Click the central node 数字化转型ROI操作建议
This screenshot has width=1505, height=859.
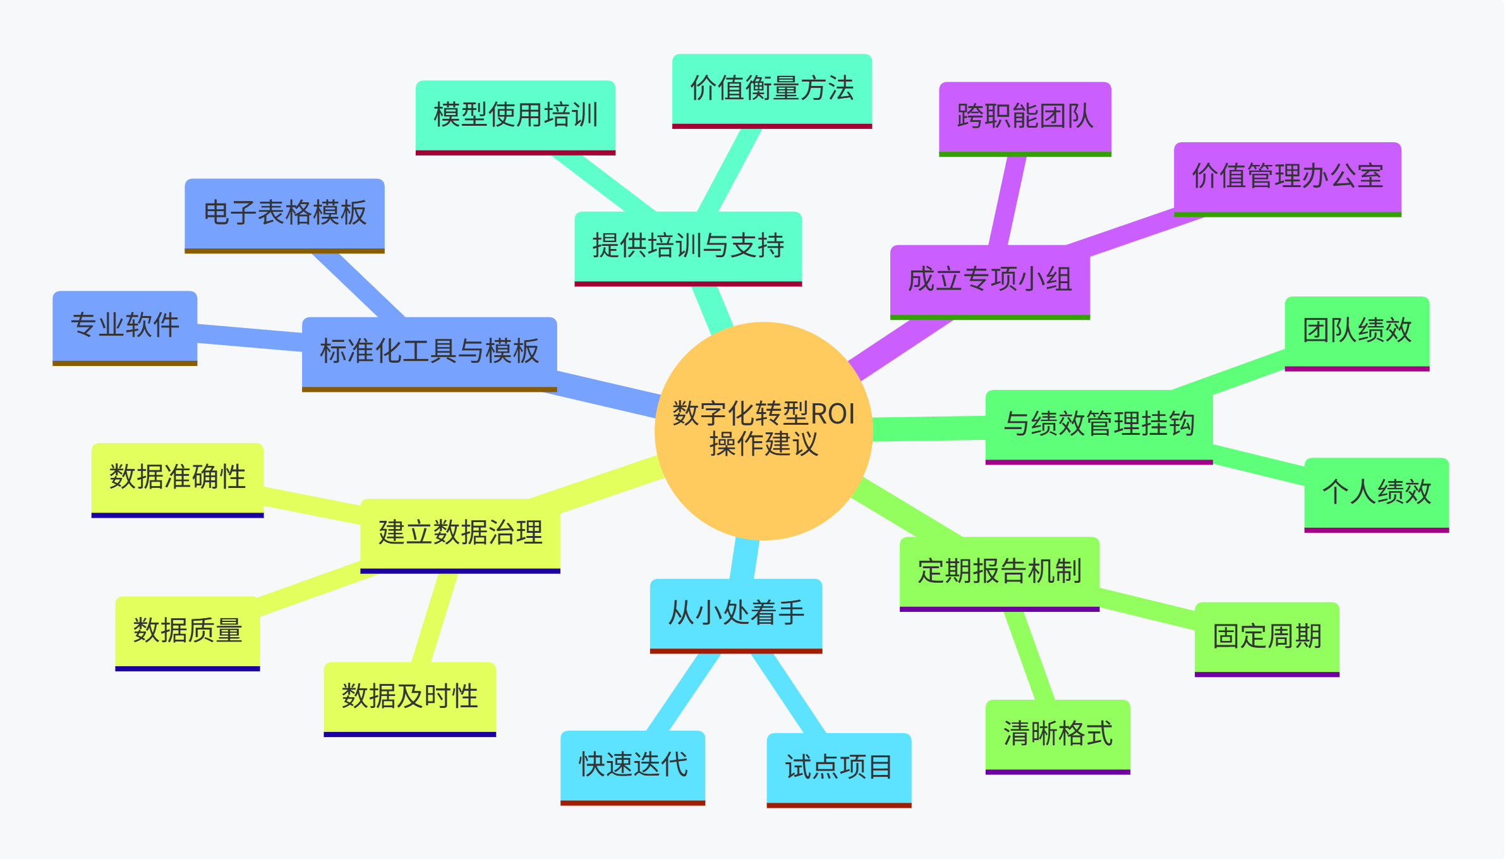pyautogui.click(x=763, y=430)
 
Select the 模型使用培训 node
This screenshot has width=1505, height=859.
pyautogui.click(x=515, y=116)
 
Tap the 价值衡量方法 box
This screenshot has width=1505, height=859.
pyautogui.click(x=771, y=89)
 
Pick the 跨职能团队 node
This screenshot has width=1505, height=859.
pyautogui.click(x=1024, y=117)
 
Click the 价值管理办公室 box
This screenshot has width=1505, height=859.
pyautogui.click(x=1287, y=177)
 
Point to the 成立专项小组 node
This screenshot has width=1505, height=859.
pyautogui.click(x=989, y=280)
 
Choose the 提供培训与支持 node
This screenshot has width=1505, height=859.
pyautogui.click(x=687, y=247)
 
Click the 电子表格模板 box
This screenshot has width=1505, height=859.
pyautogui.click(x=284, y=214)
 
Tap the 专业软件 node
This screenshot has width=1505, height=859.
pyautogui.click(x=124, y=326)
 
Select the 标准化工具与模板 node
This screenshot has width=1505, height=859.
pyautogui.click(x=429, y=352)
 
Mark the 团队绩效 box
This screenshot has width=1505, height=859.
pyautogui.click(x=1357, y=331)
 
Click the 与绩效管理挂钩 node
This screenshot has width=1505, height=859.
pyautogui.click(x=1099, y=425)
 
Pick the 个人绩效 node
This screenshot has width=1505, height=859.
pyautogui.click(x=1376, y=492)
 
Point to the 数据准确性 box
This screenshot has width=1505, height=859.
pyautogui.click(x=177, y=478)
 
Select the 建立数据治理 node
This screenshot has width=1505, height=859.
pyautogui.click(x=460, y=533)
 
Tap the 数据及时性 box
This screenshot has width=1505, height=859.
pyautogui.click(x=409, y=697)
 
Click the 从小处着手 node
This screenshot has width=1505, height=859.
pyautogui.click(x=735, y=614)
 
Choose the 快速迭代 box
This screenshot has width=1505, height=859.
pyautogui.click(x=632, y=765)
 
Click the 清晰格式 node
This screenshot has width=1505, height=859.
pyautogui.click(x=1057, y=734)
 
